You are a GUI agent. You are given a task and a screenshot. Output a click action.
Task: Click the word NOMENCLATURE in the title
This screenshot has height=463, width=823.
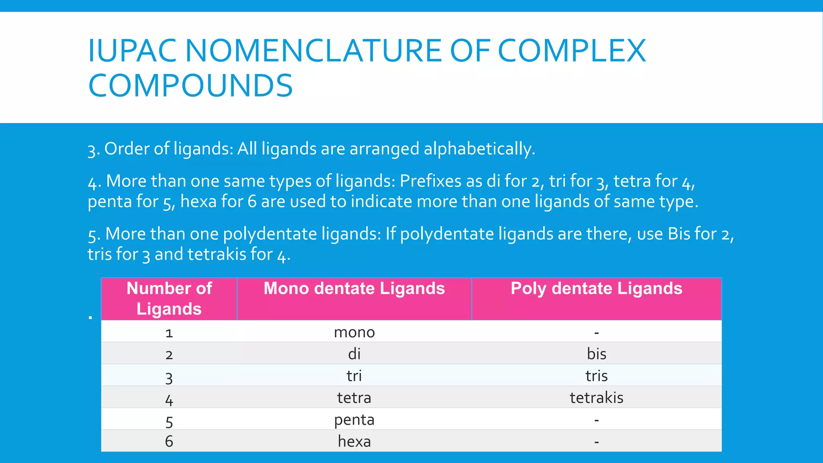tap(313, 51)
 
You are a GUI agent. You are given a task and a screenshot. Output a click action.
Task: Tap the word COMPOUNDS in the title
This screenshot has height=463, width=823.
tap(190, 86)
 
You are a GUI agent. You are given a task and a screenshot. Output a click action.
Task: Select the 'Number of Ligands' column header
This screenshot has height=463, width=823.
tap(169, 299)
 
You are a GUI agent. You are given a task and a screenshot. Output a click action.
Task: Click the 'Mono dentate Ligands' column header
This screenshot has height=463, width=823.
tap(354, 289)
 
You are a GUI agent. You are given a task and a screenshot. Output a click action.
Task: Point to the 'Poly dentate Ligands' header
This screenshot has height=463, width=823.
tap(596, 289)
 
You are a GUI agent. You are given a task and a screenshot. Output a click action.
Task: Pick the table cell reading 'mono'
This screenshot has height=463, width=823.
tap(354, 332)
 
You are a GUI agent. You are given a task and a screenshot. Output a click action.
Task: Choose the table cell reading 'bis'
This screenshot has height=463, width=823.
tap(596, 354)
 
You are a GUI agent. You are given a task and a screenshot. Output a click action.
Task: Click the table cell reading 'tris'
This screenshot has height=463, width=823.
tap(596, 376)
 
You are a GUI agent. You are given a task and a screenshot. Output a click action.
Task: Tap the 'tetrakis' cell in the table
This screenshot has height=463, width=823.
tap(596, 397)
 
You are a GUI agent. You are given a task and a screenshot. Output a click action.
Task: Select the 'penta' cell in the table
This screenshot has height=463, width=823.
tap(354, 420)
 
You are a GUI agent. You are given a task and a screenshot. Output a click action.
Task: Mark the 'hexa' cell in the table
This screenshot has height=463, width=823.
tap(354, 441)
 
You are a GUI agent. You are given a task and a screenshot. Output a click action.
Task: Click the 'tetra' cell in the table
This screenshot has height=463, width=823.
tap(354, 397)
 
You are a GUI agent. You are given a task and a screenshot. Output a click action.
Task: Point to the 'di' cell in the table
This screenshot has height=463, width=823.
tap(354, 354)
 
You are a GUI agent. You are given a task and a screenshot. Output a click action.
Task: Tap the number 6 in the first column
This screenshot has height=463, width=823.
tap(169, 441)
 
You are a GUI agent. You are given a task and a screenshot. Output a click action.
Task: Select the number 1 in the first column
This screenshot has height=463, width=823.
tap(169, 333)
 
